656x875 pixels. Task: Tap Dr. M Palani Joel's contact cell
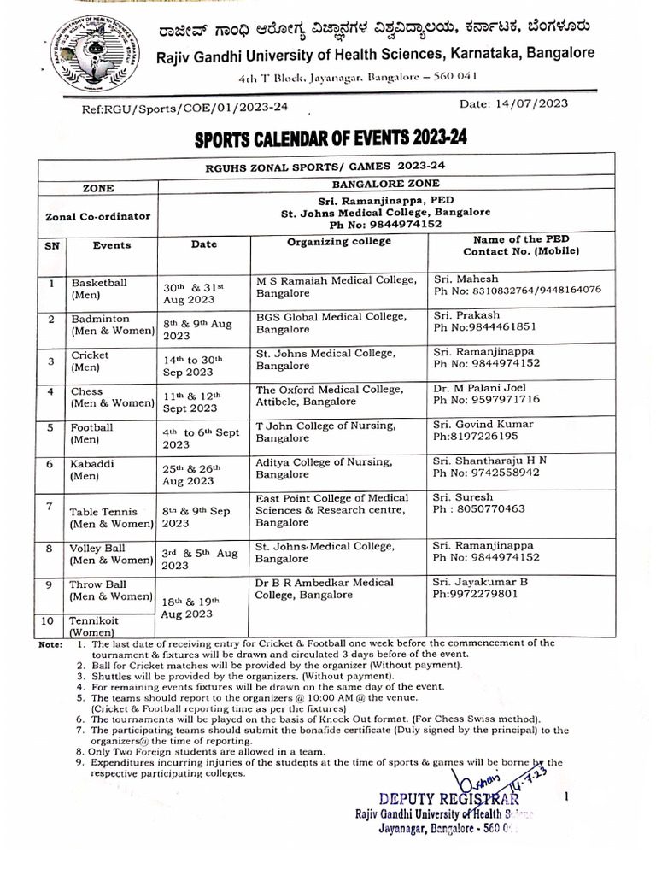click(486, 393)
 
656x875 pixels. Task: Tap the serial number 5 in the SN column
click(50, 427)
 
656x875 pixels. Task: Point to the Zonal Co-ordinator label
click(98, 217)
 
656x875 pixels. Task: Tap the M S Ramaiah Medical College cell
click(337, 285)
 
